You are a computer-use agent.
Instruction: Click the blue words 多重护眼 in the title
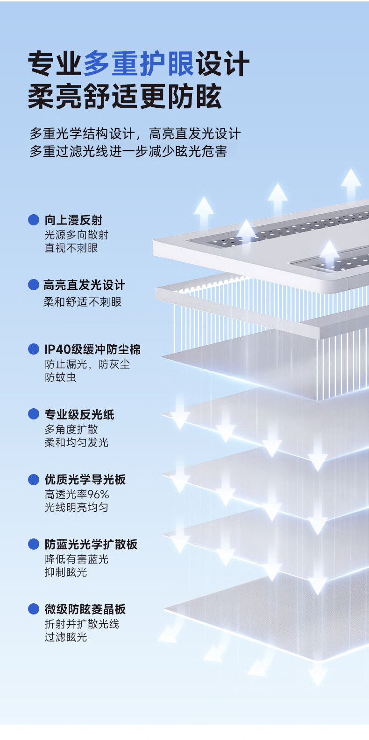139,64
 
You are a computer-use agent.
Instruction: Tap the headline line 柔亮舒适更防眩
125,97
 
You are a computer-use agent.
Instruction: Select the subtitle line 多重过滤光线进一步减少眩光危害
128,152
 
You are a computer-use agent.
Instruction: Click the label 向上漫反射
73,220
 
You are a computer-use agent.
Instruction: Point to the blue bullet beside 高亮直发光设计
34,285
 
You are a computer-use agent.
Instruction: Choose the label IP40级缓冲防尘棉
92,349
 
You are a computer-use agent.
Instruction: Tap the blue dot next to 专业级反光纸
34,414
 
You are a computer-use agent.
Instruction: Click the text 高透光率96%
77,494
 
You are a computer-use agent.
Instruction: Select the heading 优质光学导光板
85,479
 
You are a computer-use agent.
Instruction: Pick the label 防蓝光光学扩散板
91,544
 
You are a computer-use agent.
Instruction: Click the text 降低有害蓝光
77,559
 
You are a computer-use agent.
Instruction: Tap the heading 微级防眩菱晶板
85,609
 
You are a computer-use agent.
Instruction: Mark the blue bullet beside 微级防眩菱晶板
34,609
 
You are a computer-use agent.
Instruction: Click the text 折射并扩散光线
82,624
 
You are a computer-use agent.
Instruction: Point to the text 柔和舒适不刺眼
83,302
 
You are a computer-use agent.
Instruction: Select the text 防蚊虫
60,377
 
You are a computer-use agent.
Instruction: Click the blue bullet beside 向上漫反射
34,220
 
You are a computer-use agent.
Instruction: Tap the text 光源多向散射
77,235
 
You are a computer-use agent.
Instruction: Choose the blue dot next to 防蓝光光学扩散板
34,544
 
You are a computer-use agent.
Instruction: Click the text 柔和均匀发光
77,442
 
